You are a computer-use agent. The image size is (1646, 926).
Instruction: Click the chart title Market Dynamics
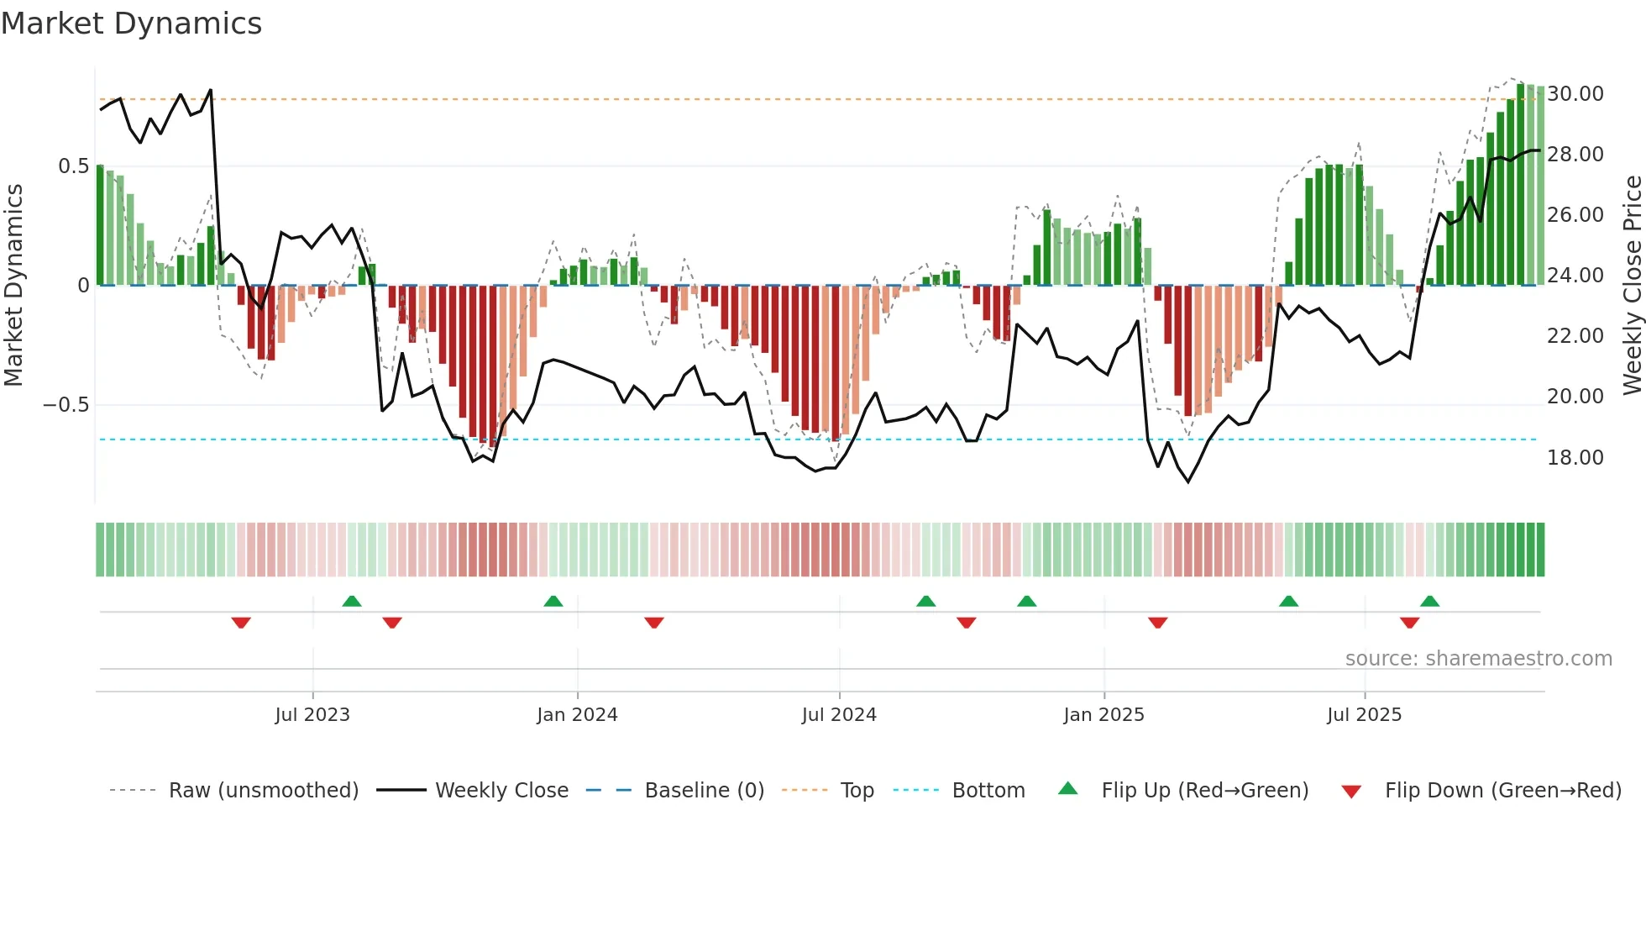click(131, 24)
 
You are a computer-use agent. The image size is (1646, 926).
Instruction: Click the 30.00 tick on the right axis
click(1575, 94)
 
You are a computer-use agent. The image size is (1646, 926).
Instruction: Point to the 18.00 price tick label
click(1575, 458)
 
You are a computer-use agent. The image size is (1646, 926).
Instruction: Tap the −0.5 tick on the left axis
click(66, 405)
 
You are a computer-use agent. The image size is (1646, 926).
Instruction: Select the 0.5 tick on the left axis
click(73, 166)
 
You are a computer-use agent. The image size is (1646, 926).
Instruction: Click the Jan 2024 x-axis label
click(577, 715)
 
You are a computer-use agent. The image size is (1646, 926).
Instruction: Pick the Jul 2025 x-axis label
click(1364, 715)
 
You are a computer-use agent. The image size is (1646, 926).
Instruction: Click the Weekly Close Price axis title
click(1632, 286)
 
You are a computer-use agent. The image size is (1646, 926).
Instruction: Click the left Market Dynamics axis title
click(13, 286)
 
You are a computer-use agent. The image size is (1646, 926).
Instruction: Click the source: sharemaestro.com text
click(1478, 659)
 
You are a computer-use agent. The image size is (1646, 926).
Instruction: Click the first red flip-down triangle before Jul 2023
click(241, 623)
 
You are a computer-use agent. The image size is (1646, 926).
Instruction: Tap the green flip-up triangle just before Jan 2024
click(553, 601)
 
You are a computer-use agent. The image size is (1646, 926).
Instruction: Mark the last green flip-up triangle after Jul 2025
click(1429, 601)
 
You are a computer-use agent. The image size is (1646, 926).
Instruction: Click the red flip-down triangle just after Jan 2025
click(1157, 623)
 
